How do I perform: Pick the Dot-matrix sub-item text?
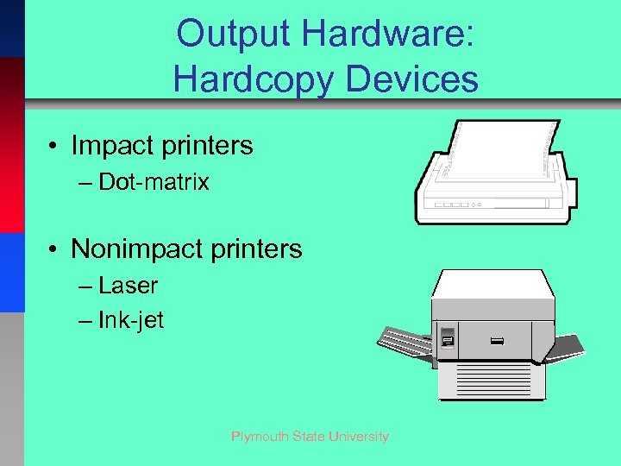point(154,182)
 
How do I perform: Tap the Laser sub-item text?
point(129,285)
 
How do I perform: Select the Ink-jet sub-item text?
point(131,320)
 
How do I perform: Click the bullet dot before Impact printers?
point(53,147)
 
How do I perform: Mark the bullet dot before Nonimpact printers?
point(53,250)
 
